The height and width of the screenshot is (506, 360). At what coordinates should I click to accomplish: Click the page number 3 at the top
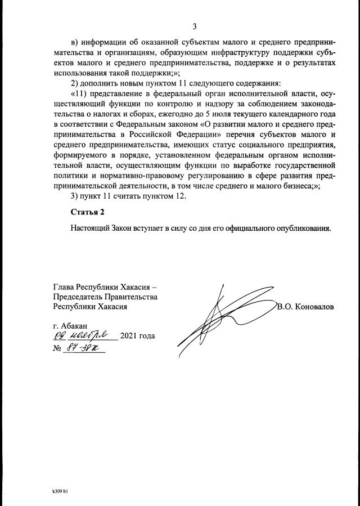195,26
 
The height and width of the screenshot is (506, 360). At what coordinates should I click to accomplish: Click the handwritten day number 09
59,337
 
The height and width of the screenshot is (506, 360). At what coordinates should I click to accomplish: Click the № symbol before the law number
56,348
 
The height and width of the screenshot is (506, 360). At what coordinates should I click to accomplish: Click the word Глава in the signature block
64,286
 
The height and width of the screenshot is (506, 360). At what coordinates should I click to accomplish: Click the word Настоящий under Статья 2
91,229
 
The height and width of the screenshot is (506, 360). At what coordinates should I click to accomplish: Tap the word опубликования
301,229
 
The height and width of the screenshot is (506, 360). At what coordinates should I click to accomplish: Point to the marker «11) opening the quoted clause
79,93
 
